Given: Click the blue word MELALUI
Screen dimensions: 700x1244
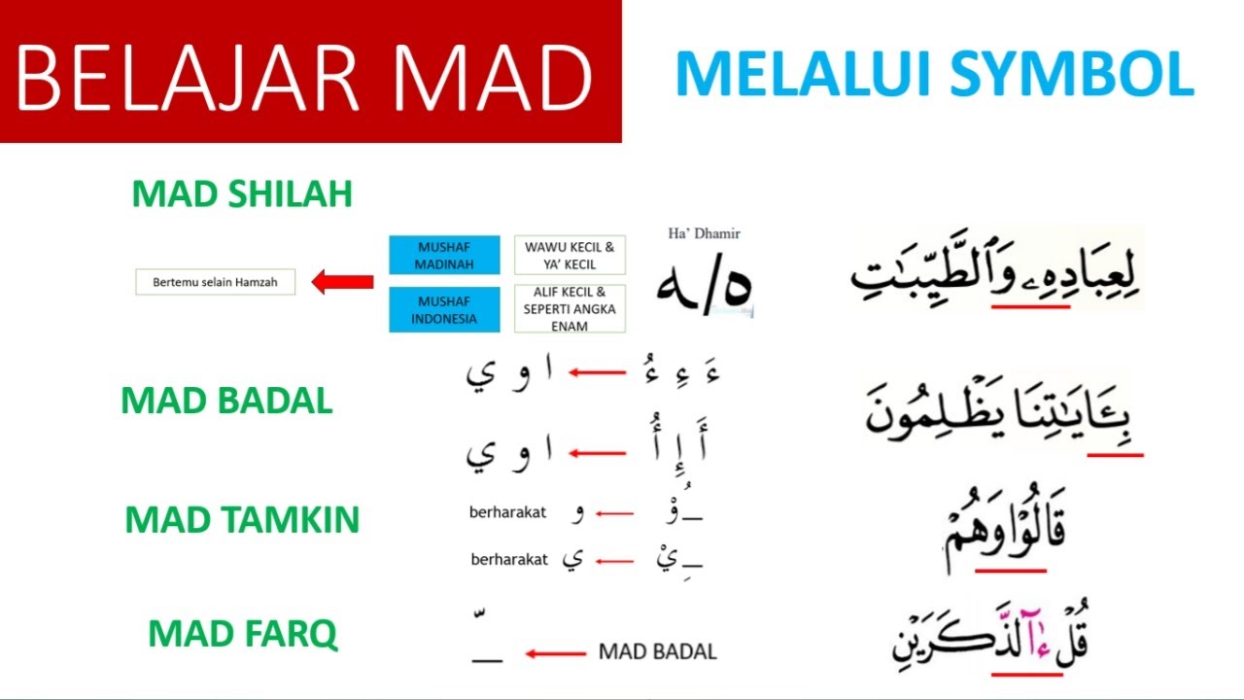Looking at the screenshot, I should click(795, 74).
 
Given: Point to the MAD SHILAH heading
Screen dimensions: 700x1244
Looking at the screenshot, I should click(242, 194).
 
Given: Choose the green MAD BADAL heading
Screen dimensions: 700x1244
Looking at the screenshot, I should click(226, 401).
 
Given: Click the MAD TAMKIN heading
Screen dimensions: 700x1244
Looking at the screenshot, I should click(242, 520).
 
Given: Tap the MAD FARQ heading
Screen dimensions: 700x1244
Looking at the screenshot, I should click(242, 635).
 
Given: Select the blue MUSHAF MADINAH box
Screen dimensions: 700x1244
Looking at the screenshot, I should click(444, 256).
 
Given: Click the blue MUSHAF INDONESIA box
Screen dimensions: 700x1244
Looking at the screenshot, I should click(444, 309).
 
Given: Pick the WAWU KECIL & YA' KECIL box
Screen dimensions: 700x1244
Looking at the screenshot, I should click(570, 256).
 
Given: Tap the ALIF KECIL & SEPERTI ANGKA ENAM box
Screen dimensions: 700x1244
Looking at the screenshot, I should click(570, 309).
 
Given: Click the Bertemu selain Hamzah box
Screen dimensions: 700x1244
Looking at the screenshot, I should click(215, 283).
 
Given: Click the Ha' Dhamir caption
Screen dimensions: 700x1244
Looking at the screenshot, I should click(705, 233).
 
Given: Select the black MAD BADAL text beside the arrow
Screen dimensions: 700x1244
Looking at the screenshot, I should click(657, 651).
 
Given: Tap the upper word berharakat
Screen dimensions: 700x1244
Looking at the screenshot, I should click(507, 512).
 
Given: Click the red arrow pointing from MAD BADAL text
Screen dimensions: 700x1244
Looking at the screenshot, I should click(556, 652).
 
